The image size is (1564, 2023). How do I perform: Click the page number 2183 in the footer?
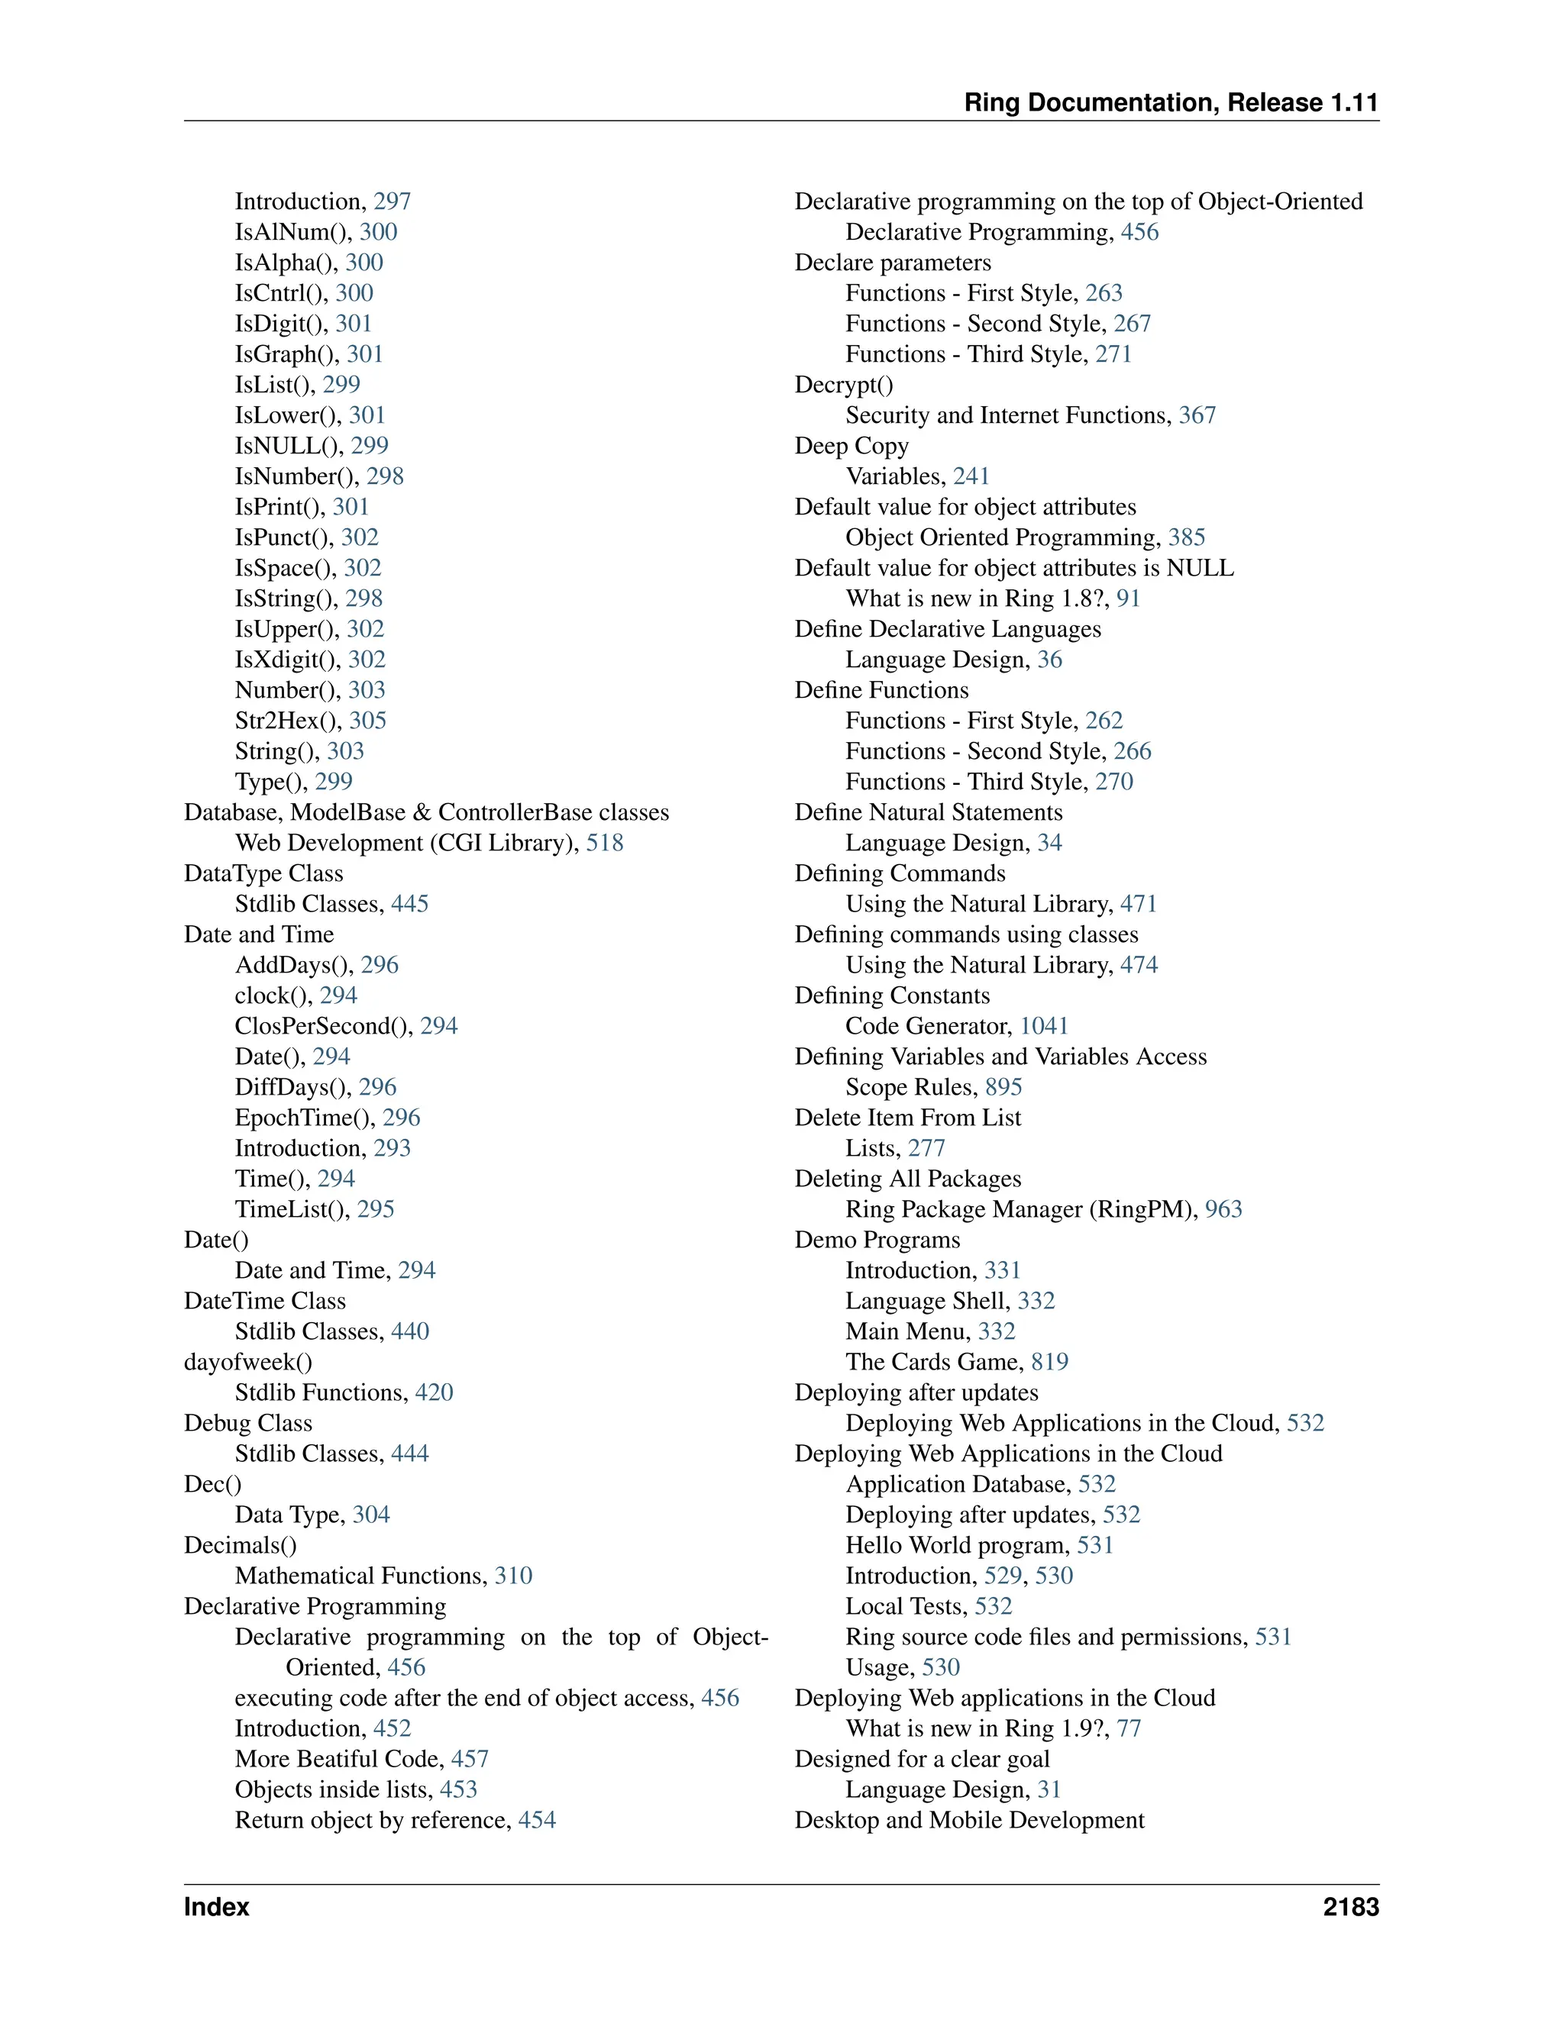pyautogui.click(x=1350, y=1907)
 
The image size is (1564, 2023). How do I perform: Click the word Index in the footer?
pyautogui.click(x=216, y=1907)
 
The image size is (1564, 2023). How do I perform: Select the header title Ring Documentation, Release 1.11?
pyautogui.click(x=1171, y=103)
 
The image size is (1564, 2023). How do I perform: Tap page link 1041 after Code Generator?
pyautogui.click(x=1044, y=1026)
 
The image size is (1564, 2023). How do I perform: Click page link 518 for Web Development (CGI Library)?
pyautogui.click(x=604, y=843)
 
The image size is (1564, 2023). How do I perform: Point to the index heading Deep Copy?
pyautogui.click(x=851, y=446)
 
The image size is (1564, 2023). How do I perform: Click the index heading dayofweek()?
pyautogui.click(x=248, y=1362)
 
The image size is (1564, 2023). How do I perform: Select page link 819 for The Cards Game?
pyautogui.click(x=1050, y=1362)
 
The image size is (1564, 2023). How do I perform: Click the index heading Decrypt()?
pyautogui.click(x=844, y=385)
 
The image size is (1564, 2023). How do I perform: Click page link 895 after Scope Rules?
pyautogui.click(x=1003, y=1087)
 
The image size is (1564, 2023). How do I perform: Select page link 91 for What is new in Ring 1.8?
pyautogui.click(x=1128, y=599)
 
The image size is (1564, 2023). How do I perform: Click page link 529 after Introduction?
pyautogui.click(x=1003, y=1576)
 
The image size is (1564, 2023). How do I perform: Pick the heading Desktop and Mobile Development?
pyautogui.click(x=969, y=1820)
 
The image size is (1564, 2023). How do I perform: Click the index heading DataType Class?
pyautogui.click(x=263, y=873)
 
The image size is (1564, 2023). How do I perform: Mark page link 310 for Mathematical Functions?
pyautogui.click(x=513, y=1576)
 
